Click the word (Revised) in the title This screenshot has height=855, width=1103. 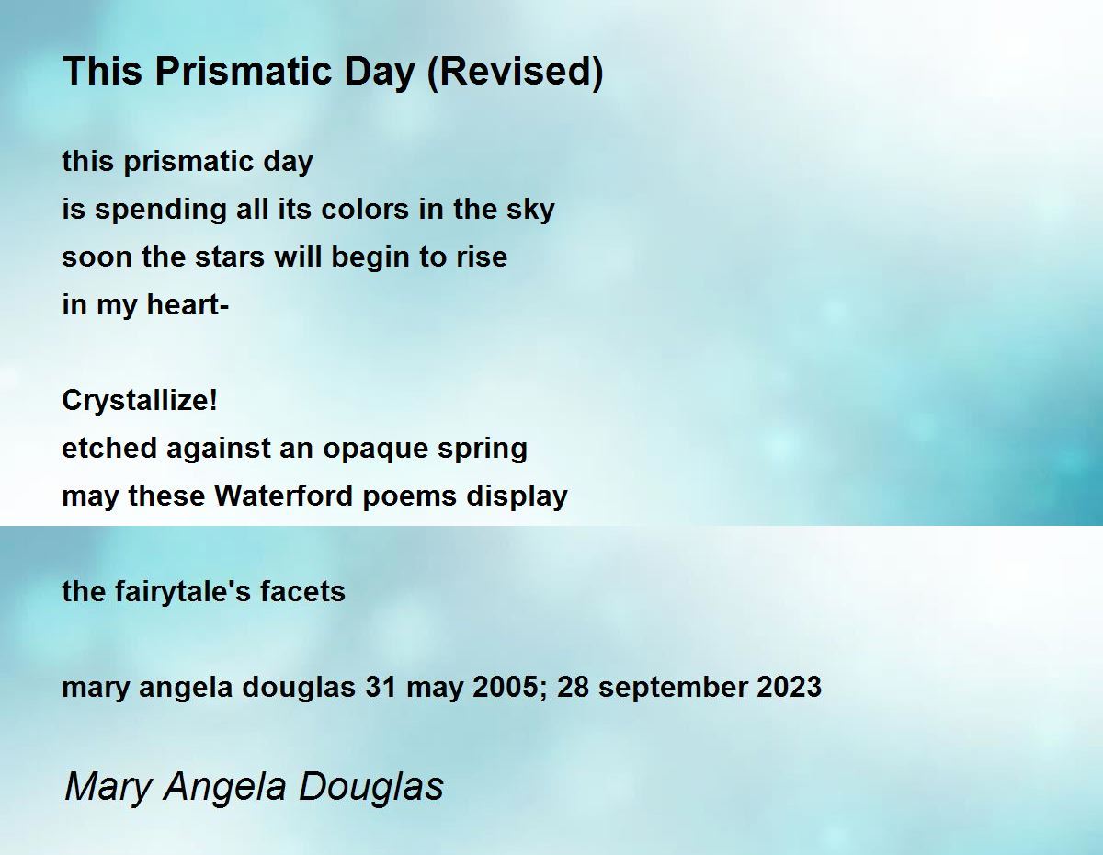click(x=516, y=72)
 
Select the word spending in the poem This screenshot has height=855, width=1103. click(x=161, y=211)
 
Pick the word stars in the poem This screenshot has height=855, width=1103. click(x=230, y=256)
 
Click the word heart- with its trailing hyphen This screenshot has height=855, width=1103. click(x=188, y=304)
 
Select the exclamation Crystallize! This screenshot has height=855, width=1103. click(x=140, y=401)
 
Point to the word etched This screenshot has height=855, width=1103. click(x=109, y=448)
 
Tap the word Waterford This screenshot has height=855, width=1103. click(x=283, y=496)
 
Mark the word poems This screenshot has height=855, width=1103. click(x=410, y=496)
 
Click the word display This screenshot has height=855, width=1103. click(x=517, y=496)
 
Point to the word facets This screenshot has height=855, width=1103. click(x=302, y=592)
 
